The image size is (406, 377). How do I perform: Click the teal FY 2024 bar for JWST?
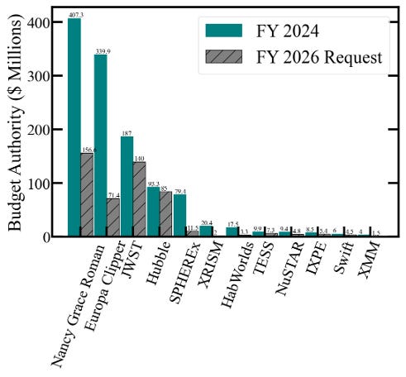click(127, 186)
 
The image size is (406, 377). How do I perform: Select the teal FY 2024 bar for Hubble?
click(154, 212)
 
